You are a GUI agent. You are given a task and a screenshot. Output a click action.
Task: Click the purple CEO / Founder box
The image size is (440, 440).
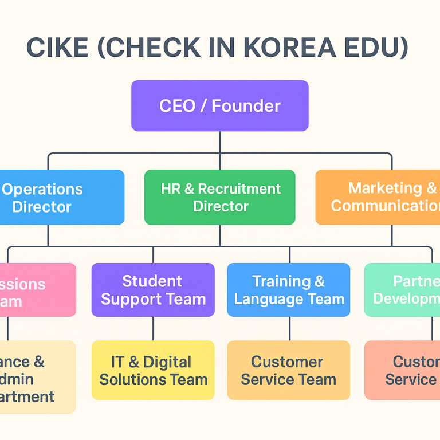220,106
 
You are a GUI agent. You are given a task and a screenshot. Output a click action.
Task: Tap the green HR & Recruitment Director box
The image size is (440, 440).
220,197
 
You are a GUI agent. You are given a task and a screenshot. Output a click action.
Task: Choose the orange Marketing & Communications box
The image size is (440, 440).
378,197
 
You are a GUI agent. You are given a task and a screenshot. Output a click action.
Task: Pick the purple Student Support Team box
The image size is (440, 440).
153,290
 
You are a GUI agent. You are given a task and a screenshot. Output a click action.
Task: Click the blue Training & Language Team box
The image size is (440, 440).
289,290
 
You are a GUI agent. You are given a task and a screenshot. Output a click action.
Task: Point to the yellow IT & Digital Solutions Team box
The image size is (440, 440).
153,370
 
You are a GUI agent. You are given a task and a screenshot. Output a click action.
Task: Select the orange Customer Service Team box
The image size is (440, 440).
289,370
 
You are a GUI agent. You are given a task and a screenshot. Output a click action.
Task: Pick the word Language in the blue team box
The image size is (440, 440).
281,299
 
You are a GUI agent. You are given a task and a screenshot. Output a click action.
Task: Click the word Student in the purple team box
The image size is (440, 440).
152,281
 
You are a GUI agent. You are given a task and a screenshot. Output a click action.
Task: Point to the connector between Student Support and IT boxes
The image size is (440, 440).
153,329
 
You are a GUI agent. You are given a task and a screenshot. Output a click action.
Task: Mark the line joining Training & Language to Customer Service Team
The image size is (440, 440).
289,329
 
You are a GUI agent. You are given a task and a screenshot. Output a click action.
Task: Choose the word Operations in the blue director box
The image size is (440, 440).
42,189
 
